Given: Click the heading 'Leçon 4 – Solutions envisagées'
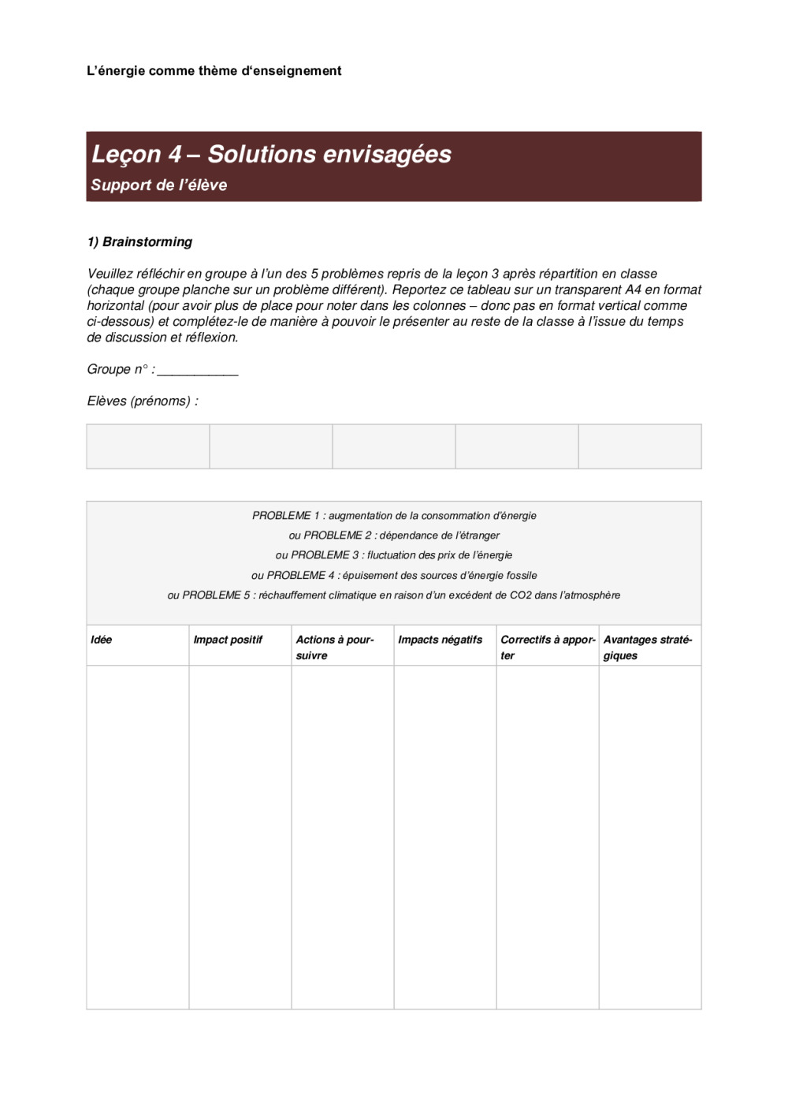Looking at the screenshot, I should [271, 154].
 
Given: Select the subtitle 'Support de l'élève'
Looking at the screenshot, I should [158, 185].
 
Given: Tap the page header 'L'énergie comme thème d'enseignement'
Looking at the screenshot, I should [214, 71].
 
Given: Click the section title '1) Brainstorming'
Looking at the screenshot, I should [139, 242].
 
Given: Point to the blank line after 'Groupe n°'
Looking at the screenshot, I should [197, 370].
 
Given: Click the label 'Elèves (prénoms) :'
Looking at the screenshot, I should [143, 401].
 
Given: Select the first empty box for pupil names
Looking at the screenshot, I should [148, 446].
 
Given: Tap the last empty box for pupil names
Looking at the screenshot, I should [640, 446].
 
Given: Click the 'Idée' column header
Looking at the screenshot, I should [102, 640].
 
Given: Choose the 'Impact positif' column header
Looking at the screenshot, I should [228, 640].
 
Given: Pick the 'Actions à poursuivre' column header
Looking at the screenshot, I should [335, 647].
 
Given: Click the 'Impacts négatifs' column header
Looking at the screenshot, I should [440, 640].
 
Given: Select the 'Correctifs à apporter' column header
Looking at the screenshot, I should [548, 647].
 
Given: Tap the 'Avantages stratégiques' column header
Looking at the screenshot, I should [648, 647].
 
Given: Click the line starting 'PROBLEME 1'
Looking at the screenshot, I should [394, 516].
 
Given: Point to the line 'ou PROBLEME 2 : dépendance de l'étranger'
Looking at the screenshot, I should [394, 536].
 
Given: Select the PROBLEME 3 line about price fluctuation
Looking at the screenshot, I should [394, 555].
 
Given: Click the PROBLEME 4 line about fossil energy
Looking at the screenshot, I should [394, 576].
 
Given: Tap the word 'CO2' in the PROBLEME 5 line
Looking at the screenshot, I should [520, 595].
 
